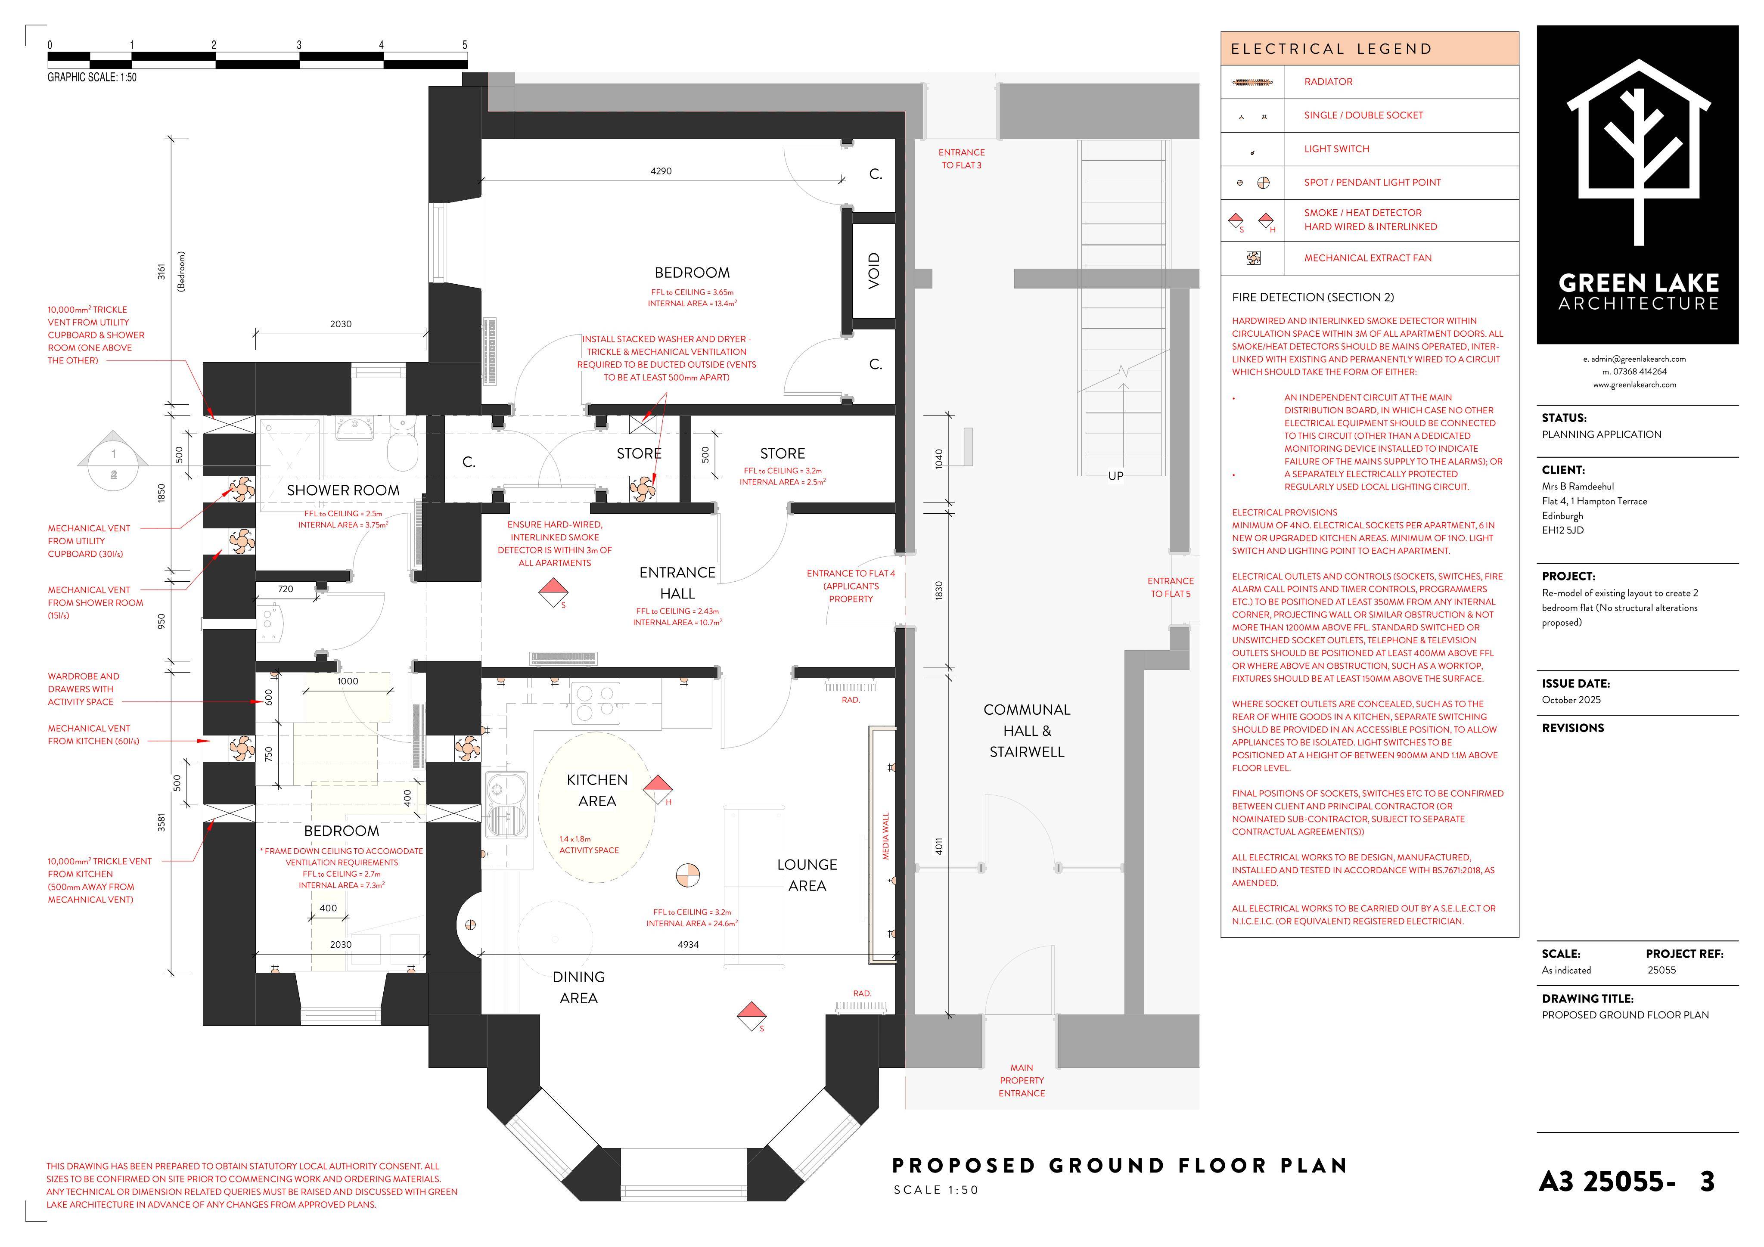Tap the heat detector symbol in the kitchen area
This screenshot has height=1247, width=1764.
(658, 788)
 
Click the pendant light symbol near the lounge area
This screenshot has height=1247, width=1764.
(688, 875)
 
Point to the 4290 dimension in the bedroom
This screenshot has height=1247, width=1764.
(661, 171)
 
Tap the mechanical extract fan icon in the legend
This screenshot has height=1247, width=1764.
(1253, 258)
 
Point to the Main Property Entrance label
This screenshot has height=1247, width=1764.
(1022, 1080)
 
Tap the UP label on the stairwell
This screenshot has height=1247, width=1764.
(1115, 476)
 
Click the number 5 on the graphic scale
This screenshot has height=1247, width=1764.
(465, 44)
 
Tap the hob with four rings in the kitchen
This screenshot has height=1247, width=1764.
(596, 702)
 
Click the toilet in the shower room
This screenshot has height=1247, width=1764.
(401, 447)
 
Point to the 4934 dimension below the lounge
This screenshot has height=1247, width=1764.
(688, 944)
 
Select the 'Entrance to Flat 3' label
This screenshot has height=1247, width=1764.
(961, 159)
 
